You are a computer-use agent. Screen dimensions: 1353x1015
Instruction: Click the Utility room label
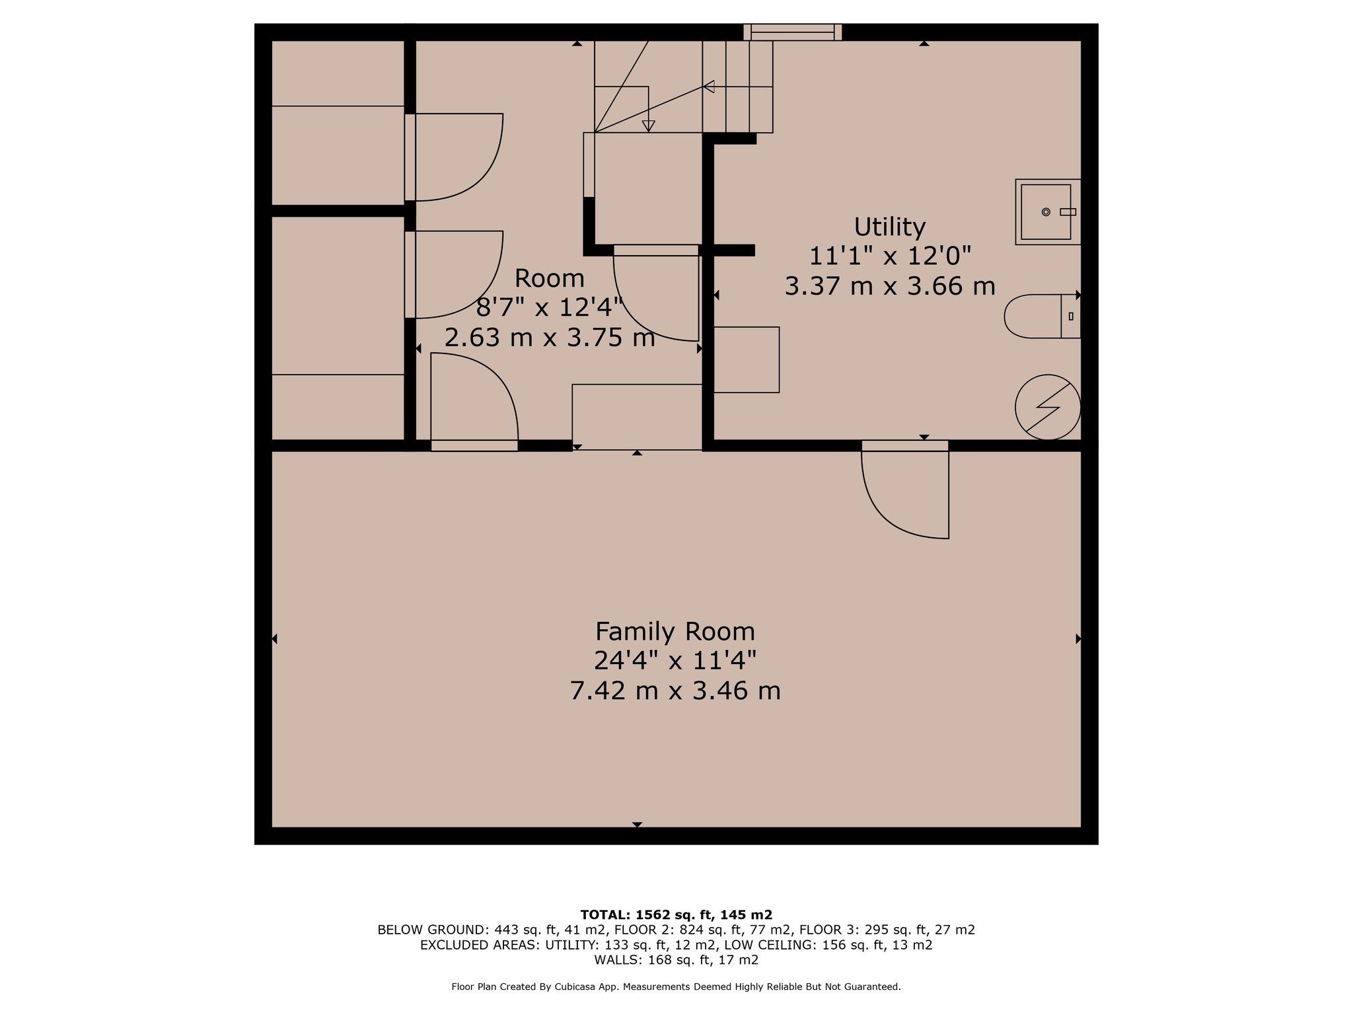[x=889, y=227]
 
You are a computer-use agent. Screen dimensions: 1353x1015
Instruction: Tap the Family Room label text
[x=675, y=631]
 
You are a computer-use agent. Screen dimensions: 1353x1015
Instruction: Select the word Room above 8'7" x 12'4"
[x=550, y=278]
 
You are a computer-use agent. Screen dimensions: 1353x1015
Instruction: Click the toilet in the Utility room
[x=1042, y=317]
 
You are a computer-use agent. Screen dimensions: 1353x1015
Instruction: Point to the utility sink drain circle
[x=1046, y=211]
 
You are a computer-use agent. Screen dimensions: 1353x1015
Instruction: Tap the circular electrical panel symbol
[x=1048, y=407]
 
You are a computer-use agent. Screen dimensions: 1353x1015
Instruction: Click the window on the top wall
[x=792, y=32]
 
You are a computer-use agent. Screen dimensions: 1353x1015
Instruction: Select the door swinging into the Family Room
[x=905, y=490]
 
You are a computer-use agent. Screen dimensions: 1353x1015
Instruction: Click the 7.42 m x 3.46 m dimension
[x=675, y=691]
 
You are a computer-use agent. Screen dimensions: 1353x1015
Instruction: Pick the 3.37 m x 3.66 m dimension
[x=889, y=286]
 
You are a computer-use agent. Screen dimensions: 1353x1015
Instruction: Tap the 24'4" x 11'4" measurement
[x=675, y=660]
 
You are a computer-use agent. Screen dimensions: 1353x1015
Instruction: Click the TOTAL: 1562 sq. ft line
[x=676, y=915]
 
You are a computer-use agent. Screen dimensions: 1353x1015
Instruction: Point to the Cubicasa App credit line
[x=676, y=987]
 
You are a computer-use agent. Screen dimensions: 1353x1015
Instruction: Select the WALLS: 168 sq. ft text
[x=676, y=960]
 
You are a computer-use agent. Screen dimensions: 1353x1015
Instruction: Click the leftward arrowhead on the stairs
[x=709, y=87]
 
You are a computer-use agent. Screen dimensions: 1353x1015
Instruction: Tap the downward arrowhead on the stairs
[x=649, y=126]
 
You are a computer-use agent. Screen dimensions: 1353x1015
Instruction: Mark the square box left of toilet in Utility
[x=747, y=359]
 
